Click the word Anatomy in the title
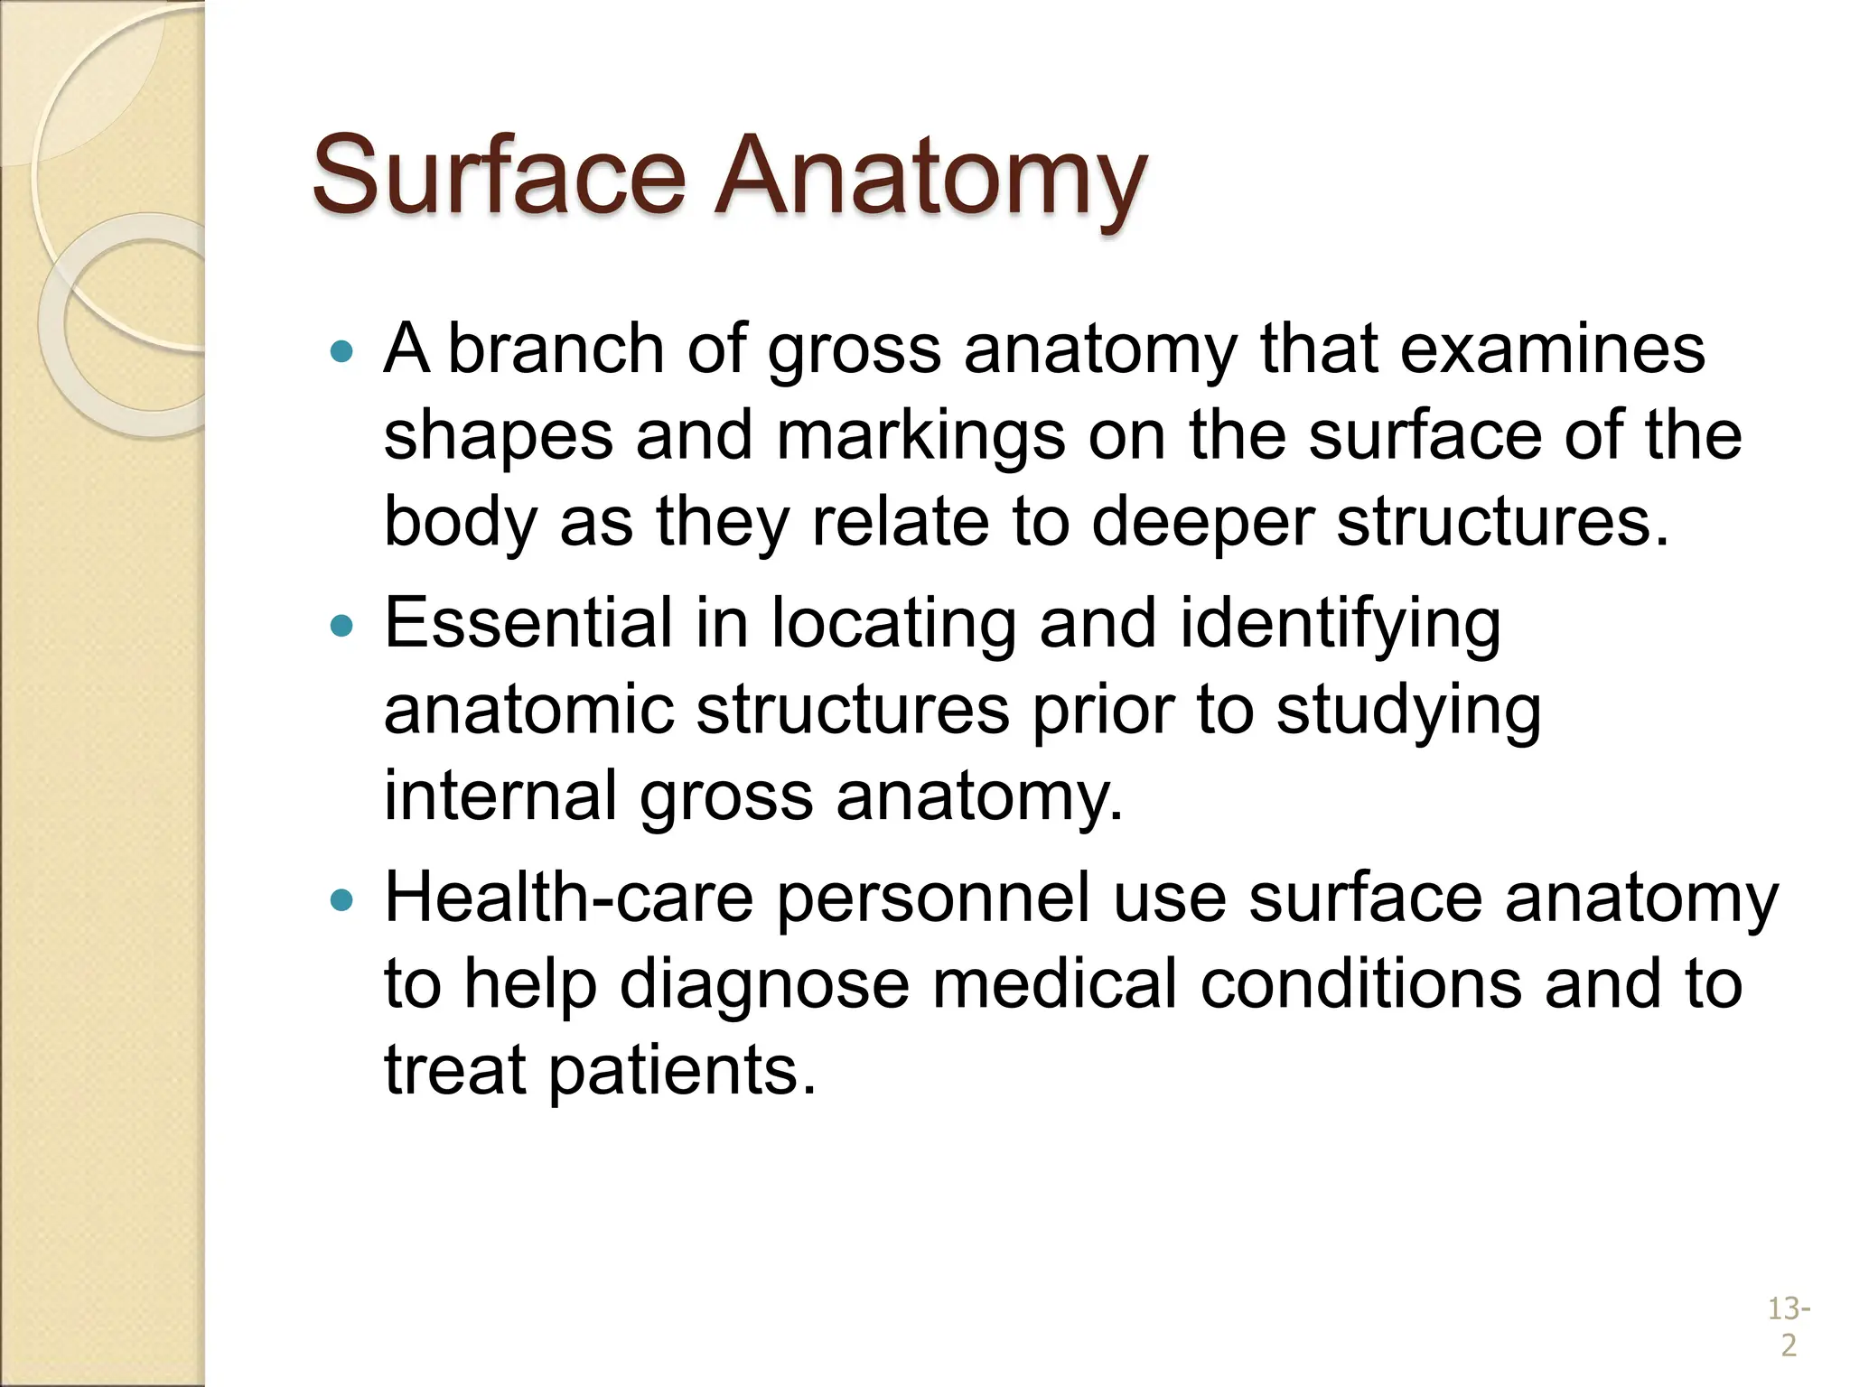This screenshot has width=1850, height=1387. (x=930, y=176)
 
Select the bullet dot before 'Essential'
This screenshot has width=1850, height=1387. (x=341, y=625)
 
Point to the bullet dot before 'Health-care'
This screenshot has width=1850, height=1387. (x=341, y=899)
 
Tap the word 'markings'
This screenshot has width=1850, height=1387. (x=920, y=437)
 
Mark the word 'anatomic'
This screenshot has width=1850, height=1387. (x=529, y=710)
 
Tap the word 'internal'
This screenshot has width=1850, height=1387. (x=500, y=796)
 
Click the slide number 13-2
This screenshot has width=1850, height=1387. (x=1789, y=1326)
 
